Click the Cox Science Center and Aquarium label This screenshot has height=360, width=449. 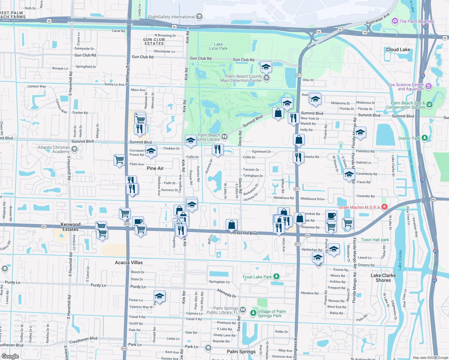(x=406, y=87)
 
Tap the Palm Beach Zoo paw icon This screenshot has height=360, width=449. (x=429, y=104)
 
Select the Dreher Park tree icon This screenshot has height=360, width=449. (x=424, y=138)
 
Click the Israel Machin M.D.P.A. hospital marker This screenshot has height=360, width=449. (x=384, y=207)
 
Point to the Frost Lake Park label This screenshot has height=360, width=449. (x=257, y=277)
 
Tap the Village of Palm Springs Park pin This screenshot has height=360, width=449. (x=254, y=313)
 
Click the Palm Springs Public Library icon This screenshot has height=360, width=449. (x=243, y=310)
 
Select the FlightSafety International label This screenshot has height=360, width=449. (x=171, y=17)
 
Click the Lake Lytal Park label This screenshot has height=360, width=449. (x=218, y=46)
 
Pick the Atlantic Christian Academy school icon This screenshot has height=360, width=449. (x=74, y=149)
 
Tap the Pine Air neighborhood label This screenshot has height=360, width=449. (x=155, y=168)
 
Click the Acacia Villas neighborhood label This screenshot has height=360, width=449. (x=129, y=262)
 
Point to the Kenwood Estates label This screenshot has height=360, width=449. (x=71, y=227)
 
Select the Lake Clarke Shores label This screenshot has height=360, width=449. (x=383, y=278)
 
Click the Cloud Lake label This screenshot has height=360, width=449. (x=398, y=49)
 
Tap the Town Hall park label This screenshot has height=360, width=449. (x=375, y=240)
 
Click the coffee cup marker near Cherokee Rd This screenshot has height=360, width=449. (x=331, y=215)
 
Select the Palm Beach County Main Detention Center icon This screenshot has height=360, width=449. (x=266, y=78)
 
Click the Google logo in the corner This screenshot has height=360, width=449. (x=10, y=356)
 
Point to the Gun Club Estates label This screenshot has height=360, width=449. (x=154, y=41)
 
